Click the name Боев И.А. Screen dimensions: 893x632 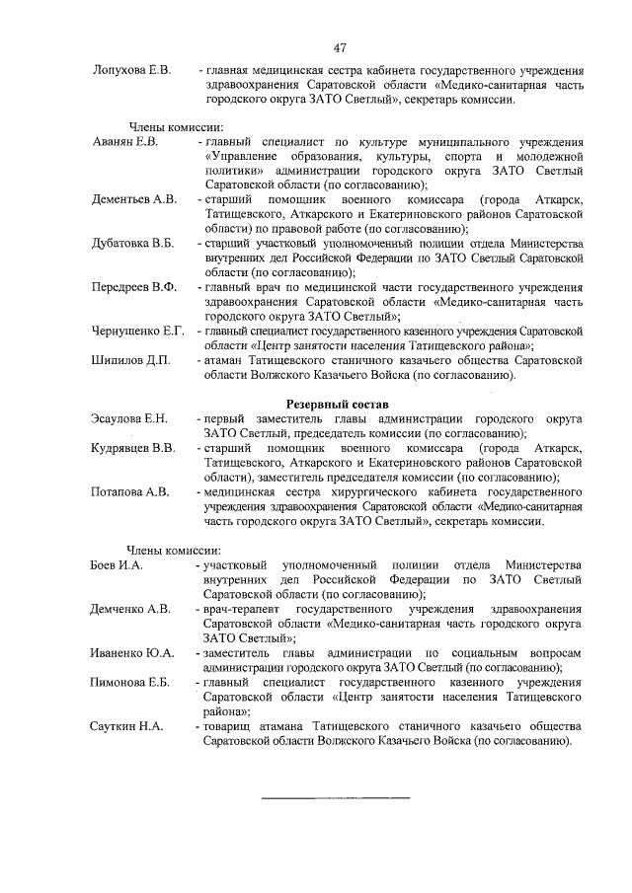[x=118, y=564]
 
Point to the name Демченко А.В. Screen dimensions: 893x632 [x=131, y=609]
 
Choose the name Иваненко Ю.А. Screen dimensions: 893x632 [x=132, y=652]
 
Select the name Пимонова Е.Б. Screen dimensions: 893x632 [x=131, y=682]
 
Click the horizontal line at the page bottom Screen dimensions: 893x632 [x=335, y=796]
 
